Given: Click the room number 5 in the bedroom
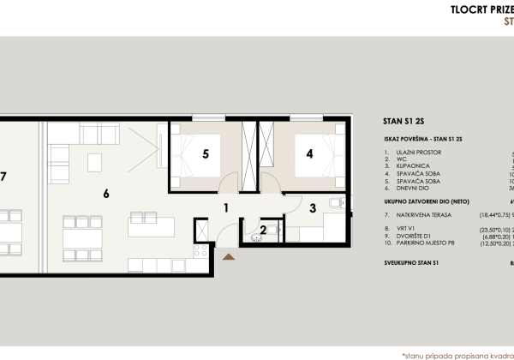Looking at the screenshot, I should (x=206, y=154).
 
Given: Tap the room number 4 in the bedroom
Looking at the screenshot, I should (x=310, y=154).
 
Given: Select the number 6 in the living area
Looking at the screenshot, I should (x=105, y=194).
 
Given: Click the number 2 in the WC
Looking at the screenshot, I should (x=263, y=229).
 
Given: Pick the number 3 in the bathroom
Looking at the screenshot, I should (x=313, y=207).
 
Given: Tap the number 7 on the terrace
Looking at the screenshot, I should (x=4, y=177).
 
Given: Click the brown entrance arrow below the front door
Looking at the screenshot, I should (x=226, y=255).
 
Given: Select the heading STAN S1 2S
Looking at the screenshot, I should (x=411, y=122).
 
